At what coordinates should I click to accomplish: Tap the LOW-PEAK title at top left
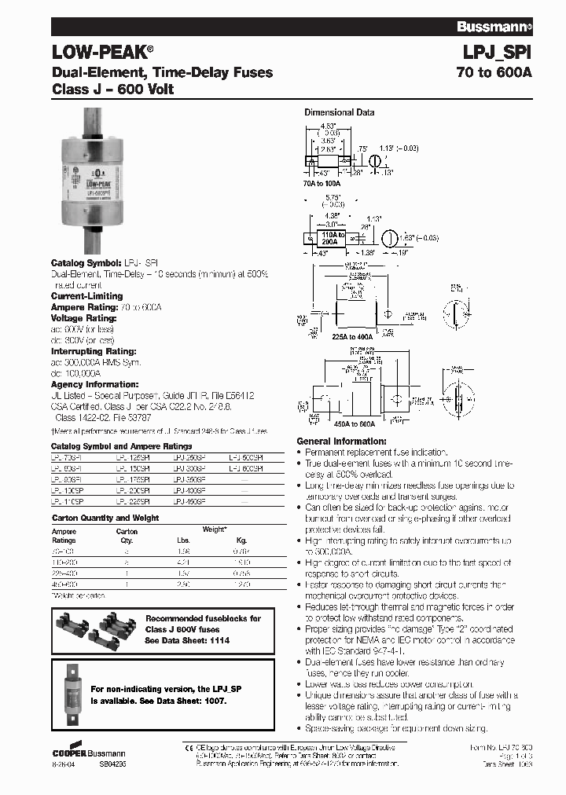point(101,53)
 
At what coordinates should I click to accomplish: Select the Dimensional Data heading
point(339,112)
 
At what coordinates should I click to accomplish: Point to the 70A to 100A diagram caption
point(325,181)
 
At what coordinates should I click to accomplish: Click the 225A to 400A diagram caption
point(354,335)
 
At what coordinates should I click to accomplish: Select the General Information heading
point(341,441)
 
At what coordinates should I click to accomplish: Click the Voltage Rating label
point(84,318)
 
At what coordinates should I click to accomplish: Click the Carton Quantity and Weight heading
point(105,518)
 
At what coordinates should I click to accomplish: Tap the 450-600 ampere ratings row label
point(64,584)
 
